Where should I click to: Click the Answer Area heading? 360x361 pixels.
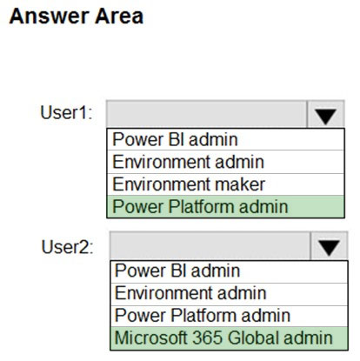pyautogui.click(x=77, y=16)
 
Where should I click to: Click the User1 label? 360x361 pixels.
pyautogui.click(x=66, y=112)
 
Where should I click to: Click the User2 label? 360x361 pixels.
pyautogui.click(x=68, y=247)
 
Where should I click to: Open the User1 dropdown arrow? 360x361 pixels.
pyautogui.click(x=325, y=114)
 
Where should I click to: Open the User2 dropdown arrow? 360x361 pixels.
pyautogui.click(x=329, y=246)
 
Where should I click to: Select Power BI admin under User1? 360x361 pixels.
pyautogui.click(x=175, y=139)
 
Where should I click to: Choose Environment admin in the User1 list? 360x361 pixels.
pyautogui.click(x=188, y=162)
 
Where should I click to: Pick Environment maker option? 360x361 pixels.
pyautogui.click(x=189, y=184)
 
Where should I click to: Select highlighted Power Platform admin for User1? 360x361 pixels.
pyautogui.click(x=200, y=206)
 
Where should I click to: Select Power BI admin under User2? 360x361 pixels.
pyautogui.click(x=177, y=271)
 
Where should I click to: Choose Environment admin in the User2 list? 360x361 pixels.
pyautogui.click(x=190, y=293)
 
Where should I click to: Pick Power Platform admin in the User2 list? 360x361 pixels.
pyautogui.click(x=203, y=316)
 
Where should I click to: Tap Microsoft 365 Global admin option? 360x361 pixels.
pyautogui.click(x=223, y=338)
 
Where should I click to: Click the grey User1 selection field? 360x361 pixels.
pyautogui.click(x=206, y=114)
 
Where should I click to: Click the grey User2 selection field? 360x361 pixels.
pyautogui.click(x=210, y=246)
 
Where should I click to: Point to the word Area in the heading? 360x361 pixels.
pyautogui.click(x=119, y=16)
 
